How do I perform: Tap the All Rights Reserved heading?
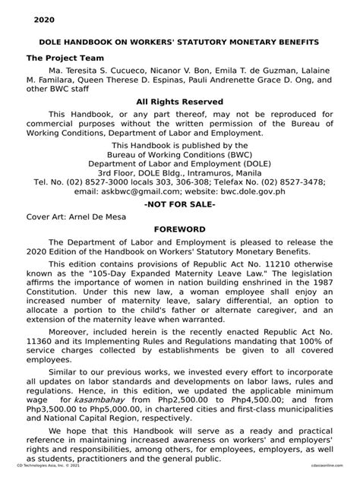tap(179, 101)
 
